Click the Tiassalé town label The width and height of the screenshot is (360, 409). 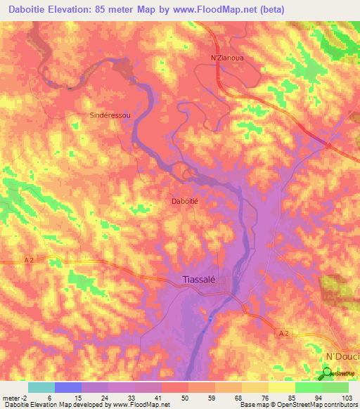coord(198,278)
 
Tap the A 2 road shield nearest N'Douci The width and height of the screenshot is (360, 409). coord(283,333)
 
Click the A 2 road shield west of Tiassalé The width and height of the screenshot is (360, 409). coord(29,260)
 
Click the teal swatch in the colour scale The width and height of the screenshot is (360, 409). coord(41,387)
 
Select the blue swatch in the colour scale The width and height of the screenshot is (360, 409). coord(67,387)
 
